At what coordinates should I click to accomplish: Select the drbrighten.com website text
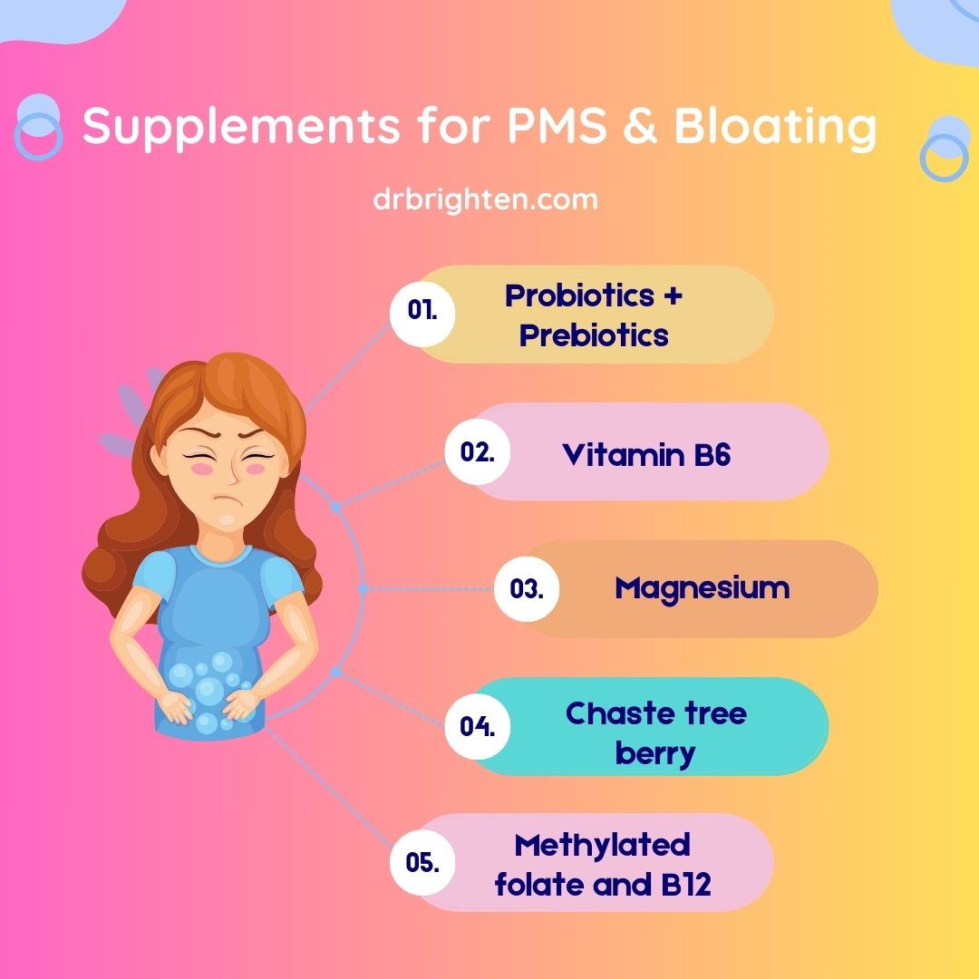point(485,199)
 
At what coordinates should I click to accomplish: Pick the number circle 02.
point(477,451)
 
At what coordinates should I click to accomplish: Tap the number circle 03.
point(526,589)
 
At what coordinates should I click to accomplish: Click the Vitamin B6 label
point(646,453)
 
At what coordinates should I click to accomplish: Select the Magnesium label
point(702,588)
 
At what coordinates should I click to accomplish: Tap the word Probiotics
point(580,296)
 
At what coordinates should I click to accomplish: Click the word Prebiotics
point(594,335)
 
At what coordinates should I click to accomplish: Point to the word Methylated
point(602,845)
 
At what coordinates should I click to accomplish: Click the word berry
point(654,752)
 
